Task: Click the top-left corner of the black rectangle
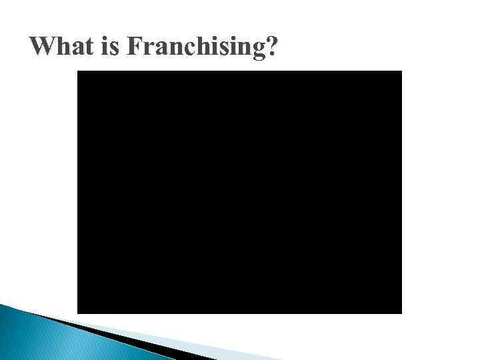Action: (x=77, y=71)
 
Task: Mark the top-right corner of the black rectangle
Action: (x=402, y=71)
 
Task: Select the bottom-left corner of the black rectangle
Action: (x=77, y=313)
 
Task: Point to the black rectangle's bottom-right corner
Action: (x=402, y=313)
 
